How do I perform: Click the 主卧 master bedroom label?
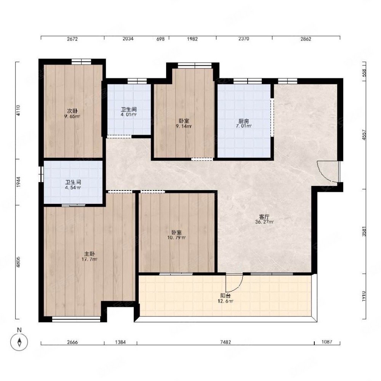(90, 254)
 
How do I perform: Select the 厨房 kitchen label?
(243, 121)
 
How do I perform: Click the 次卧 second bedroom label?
(72, 111)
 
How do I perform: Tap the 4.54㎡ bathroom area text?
(73, 187)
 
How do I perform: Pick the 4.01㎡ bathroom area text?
(128, 114)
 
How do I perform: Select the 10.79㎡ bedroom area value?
(177, 237)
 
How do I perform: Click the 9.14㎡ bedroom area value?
(184, 126)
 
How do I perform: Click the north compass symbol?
(19, 342)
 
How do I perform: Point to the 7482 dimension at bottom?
(225, 342)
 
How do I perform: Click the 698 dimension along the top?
(160, 39)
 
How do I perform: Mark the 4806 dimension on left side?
(18, 262)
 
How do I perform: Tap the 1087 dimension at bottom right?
(327, 342)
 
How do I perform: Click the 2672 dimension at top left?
(72, 39)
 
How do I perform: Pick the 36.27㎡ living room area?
(264, 222)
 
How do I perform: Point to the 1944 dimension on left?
(18, 182)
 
